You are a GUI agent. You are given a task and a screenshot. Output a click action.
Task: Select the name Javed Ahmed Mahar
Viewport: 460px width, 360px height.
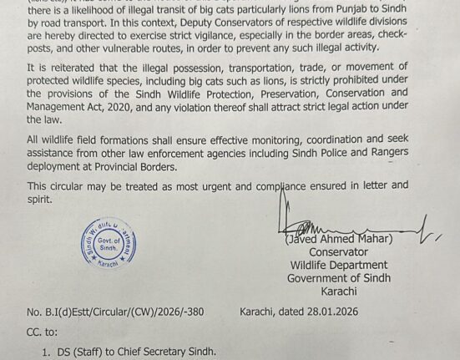pos(339,238)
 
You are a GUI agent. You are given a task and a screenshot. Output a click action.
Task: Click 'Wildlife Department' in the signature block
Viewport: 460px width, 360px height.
pos(338,265)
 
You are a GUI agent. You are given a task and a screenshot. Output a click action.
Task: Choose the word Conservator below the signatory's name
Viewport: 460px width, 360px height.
pos(338,251)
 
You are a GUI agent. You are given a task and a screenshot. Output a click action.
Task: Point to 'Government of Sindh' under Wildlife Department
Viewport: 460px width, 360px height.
pos(338,278)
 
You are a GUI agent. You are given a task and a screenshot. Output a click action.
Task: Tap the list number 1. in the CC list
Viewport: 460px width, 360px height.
pos(47,351)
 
